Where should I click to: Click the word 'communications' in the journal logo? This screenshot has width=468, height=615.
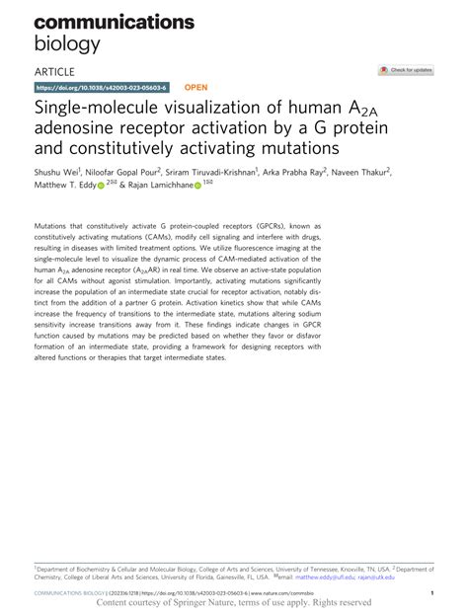115,21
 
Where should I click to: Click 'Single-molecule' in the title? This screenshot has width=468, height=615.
98,108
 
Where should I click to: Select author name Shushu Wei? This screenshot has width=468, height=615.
57,171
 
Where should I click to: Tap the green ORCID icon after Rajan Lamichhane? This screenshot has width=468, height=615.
198,185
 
